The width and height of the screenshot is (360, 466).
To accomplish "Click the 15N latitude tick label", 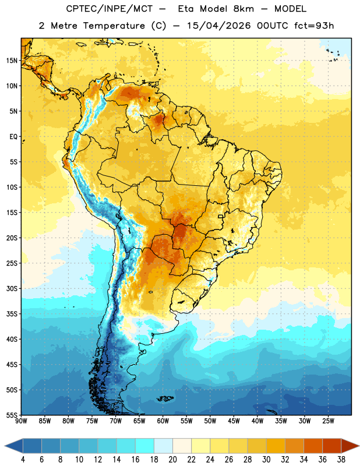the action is [12, 61].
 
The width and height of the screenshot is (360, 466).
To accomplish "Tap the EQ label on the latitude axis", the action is [13, 137].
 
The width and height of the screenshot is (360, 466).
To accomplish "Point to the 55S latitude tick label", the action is [12, 415].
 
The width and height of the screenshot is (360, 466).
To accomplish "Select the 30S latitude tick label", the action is [12, 288].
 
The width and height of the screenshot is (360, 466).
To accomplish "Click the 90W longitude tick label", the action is [22, 421].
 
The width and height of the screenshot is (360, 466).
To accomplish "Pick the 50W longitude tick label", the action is [210, 421].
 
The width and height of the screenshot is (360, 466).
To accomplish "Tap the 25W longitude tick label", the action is [328, 421].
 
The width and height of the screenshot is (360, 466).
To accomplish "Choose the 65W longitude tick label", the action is [139, 421].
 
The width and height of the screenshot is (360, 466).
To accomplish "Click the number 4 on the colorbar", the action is [23, 460].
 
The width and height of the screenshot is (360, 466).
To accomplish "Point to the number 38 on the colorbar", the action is [341, 460].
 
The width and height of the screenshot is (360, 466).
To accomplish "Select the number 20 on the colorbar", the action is [172, 460].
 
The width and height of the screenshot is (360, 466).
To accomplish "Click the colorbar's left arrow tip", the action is [5, 446].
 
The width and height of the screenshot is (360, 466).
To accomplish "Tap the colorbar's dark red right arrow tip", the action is [359, 446].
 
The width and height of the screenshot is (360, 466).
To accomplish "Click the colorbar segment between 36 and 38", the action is [332, 446].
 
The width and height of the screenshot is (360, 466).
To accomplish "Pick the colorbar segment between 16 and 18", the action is [145, 446].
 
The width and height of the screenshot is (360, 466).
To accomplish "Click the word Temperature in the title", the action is [114, 26].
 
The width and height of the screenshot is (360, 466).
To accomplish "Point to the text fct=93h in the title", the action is [314, 26].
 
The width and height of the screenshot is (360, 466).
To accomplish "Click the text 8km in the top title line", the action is [243, 9].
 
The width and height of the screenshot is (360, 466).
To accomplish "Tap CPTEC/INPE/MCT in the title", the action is [109, 9].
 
